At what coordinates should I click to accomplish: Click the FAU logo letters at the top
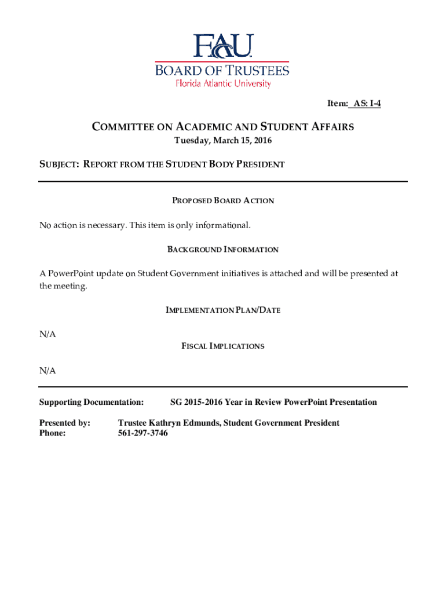(223, 46)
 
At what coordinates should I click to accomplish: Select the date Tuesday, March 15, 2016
(223, 141)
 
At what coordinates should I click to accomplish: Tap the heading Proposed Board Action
(223, 201)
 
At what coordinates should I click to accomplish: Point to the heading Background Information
(223, 250)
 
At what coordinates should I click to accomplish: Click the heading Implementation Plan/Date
(223, 310)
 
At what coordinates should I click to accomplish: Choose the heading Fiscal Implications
(223, 346)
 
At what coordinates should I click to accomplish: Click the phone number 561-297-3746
(142, 433)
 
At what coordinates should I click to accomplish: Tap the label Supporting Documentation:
(91, 402)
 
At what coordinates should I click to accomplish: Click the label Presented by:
(64, 423)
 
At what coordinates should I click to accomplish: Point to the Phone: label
(52, 433)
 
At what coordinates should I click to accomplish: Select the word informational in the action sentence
(224, 225)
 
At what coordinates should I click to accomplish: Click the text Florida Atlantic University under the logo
(223, 84)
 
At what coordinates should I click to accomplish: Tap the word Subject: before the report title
(59, 164)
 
